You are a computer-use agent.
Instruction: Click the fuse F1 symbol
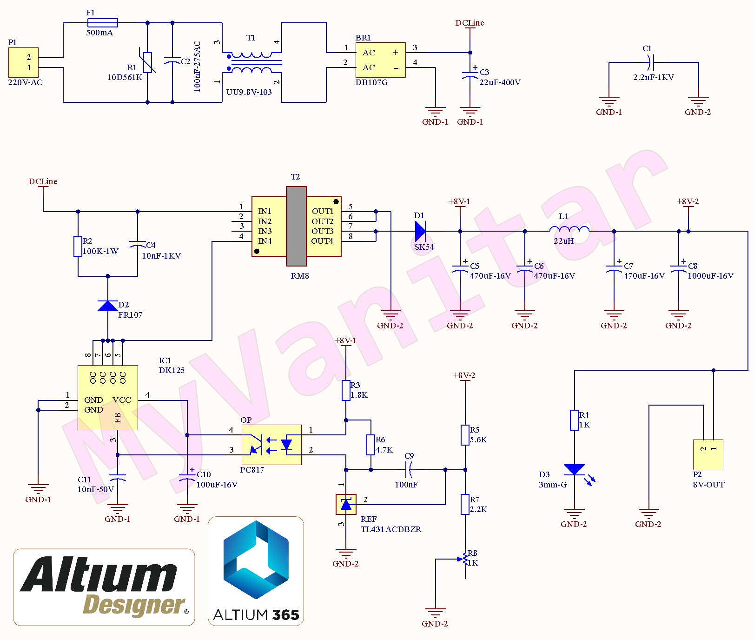point(102,22)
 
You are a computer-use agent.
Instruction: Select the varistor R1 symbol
point(148,62)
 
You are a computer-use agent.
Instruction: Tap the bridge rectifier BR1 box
point(380,60)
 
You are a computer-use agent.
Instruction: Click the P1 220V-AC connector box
point(23,62)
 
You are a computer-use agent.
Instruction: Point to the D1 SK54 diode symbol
point(420,231)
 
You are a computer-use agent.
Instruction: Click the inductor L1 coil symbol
point(569,229)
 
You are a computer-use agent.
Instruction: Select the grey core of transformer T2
point(296,226)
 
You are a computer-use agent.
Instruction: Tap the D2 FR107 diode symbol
point(108,306)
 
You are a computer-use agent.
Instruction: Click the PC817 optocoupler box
point(271,445)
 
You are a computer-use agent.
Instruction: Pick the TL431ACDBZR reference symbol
point(346,504)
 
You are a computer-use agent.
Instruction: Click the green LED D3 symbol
point(575,470)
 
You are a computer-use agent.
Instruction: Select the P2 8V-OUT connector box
point(708,454)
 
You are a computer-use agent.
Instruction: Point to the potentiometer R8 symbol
point(465,560)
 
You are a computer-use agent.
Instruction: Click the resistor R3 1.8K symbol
point(346,390)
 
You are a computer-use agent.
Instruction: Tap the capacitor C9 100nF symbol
point(409,470)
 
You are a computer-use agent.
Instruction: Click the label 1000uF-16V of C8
point(710,276)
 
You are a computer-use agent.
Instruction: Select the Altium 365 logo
point(256,571)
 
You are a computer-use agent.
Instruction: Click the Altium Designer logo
point(104,587)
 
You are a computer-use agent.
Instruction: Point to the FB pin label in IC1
point(117,418)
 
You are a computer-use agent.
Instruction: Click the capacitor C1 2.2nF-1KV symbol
point(651,62)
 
